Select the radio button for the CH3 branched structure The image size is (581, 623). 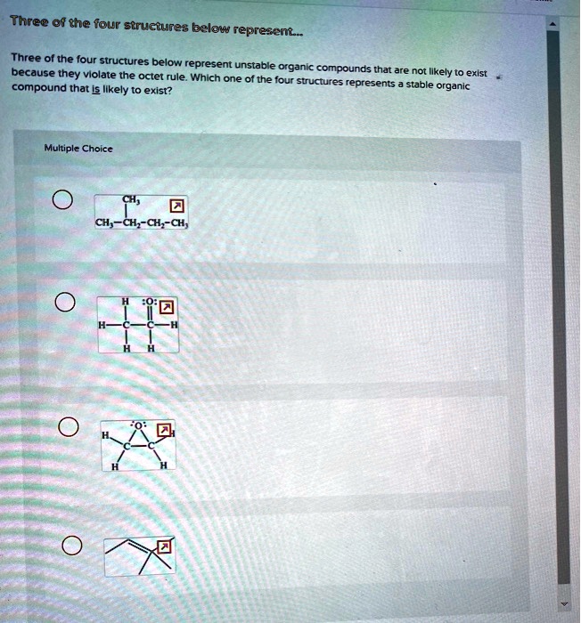pos(61,199)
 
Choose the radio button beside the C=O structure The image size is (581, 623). pos(61,303)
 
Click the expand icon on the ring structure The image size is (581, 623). pos(163,431)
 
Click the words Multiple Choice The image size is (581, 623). pos(79,149)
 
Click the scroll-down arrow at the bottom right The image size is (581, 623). pos(562,603)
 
